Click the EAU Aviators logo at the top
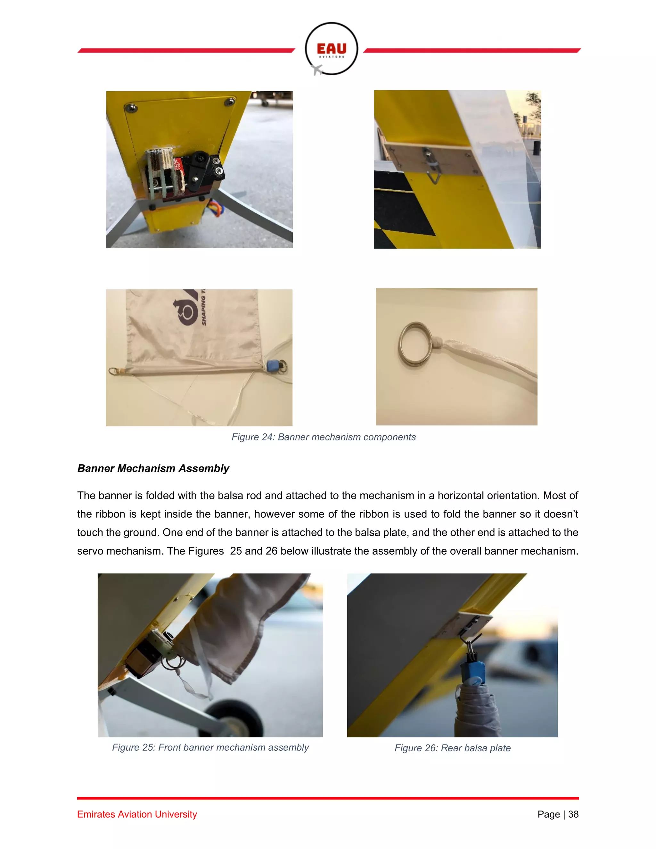[x=331, y=49]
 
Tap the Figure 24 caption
[x=323, y=437]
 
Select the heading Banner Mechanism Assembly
[x=153, y=468]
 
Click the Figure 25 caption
[x=210, y=747]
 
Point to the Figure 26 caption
[x=452, y=748]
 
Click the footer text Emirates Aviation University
[x=137, y=814]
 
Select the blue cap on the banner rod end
[x=271, y=366]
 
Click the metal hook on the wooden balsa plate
[x=433, y=171]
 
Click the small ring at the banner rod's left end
[x=113, y=371]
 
